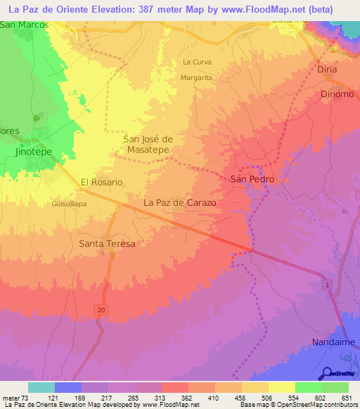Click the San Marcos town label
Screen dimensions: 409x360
click(24, 25)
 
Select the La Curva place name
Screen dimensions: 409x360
click(197, 62)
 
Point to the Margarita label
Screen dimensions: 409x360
click(196, 78)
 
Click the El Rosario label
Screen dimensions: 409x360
click(102, 182)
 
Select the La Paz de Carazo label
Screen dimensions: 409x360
click(179, 202)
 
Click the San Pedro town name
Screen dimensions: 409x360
click(252, 179)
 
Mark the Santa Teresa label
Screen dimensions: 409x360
click(106, 243)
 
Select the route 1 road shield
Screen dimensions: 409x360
click(327, 283)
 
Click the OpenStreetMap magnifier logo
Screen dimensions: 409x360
click(326, 373)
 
